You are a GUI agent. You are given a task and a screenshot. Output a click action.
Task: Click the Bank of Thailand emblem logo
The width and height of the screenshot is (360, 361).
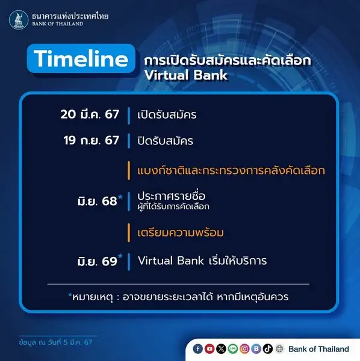point(19,20)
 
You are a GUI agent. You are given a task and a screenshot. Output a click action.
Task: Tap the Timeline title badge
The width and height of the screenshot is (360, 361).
point(81,58)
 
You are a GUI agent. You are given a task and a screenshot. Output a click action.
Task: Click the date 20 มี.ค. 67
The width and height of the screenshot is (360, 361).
point(90,114)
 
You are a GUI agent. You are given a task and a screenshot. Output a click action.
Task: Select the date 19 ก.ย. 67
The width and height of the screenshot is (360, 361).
point(92,140)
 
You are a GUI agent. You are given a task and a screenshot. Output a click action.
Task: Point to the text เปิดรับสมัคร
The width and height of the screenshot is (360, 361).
point(167,114)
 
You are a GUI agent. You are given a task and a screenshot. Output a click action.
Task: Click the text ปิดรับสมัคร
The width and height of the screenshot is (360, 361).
point(165,140)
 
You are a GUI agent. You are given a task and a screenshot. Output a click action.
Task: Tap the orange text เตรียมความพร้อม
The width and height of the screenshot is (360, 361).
point(181,232)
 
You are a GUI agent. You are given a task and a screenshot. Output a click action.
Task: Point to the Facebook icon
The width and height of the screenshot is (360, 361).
point(197,349)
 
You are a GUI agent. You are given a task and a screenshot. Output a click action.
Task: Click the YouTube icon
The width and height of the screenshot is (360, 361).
point(209,349)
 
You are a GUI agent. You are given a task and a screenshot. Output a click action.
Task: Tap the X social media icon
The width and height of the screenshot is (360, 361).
point(221,349)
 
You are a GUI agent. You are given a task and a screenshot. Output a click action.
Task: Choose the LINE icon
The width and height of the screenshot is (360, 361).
point(233,349)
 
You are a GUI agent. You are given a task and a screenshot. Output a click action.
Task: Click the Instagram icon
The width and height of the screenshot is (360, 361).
point(244,349)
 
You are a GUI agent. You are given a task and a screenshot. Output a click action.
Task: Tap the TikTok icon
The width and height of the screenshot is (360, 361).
point(268,349)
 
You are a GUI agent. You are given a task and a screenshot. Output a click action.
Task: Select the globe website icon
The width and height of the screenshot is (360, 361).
point(279,349)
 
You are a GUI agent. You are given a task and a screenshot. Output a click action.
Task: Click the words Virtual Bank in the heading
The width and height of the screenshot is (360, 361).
point(186,75)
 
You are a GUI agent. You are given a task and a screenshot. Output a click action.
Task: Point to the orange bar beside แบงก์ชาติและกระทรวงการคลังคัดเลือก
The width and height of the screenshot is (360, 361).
point(129,171)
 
